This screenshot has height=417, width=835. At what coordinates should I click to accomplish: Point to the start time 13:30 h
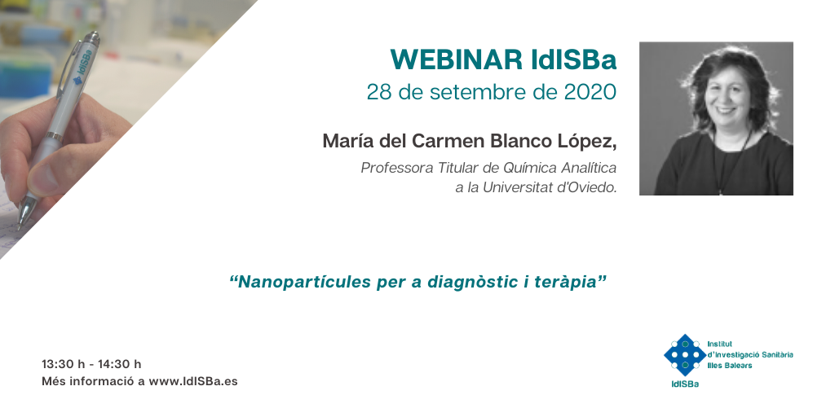coord(64,364)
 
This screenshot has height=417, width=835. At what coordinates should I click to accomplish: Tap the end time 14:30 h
coord(119,364)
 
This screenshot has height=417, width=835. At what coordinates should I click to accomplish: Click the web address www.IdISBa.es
coord(192,381)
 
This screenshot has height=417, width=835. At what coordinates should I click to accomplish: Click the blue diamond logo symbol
coord(685,355)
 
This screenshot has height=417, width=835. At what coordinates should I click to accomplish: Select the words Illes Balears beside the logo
coord(730,366)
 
